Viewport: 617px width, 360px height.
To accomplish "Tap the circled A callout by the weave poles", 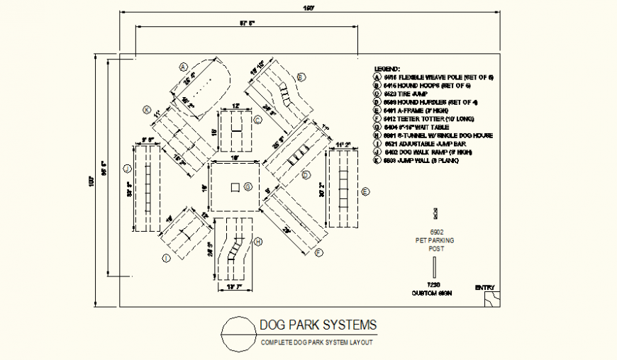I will [182, 65].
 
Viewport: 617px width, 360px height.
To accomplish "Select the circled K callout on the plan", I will [147, 110].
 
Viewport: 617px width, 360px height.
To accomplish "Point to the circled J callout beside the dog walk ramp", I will [126, 169].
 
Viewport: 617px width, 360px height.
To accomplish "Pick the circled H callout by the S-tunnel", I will [258, 242].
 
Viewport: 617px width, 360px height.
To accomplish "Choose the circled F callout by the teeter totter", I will [319, 252].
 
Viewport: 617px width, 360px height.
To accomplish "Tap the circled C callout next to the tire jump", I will [258, 120].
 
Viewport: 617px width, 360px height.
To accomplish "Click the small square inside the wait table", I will [234, 187].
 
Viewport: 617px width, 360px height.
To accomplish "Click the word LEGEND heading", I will [387, 68].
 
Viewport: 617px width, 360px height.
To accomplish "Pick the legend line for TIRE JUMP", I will [400, 93].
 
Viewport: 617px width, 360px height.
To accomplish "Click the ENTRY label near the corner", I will [486, 288].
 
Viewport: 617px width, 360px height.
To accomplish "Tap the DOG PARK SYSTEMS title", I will [318, 325].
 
